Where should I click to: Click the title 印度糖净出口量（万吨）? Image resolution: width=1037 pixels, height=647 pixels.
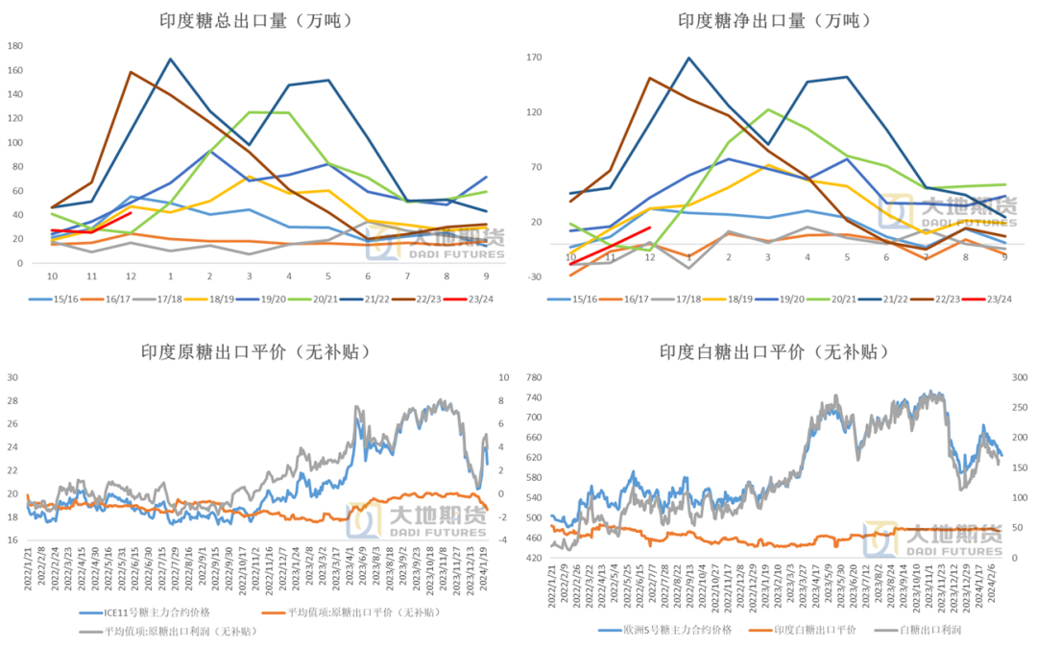coord(775,20)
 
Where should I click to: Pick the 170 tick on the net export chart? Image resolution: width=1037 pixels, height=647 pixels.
coord(535,58)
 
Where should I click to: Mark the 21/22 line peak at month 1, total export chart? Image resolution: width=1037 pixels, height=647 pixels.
coord(170,60)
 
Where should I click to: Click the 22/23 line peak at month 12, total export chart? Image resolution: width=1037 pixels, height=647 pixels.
coord(131,72)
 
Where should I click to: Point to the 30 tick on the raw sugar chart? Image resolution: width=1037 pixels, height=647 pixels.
coord(13,377)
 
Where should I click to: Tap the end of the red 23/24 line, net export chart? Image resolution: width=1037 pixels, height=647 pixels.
coord(650,228)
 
